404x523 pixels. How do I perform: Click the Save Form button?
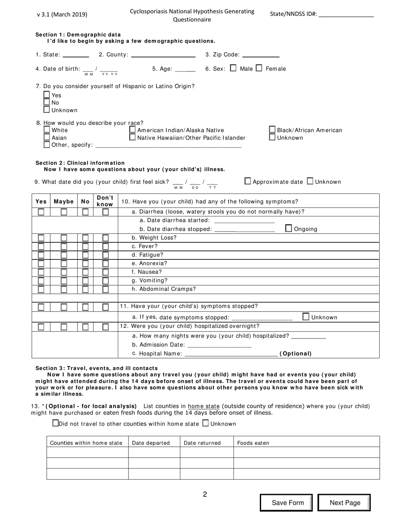click(x=287, y=503)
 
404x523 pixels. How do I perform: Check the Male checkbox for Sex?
click(x=233, y=68)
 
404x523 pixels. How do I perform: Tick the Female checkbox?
click(x=259, y=68)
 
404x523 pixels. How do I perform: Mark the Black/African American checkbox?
click(x=272, y=130)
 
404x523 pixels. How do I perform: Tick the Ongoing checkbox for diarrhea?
click(x=288, y=228)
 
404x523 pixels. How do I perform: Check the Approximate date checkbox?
click(x=248, y=181)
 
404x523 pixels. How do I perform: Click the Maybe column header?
click(x=63, y=201)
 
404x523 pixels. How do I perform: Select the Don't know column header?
click(x=105, y=201)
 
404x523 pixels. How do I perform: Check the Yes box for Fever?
click(x=41, y=246)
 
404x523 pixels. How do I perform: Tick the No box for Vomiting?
click(x=85, y=281)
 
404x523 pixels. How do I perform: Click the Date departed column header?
click(x=151, y=443)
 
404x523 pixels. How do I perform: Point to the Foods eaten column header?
click(x=253, y=443)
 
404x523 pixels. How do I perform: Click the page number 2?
click(x=205, y=495)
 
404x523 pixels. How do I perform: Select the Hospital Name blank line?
click(x=231, y=353)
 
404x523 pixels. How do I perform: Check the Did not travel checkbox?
click(x=55, y=423)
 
